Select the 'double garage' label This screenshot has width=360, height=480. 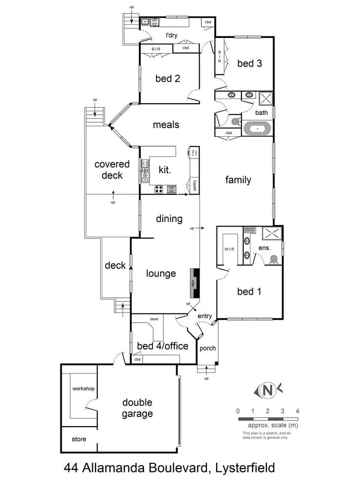pyautogui.click(x=137, y=408)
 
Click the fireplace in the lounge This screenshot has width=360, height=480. pyautogui.click(x=195, y=284)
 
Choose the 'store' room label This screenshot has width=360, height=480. pyautogui.click(x=79, y=439)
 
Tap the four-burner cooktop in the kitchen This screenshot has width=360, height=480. pyautogui.click(x=159, y=190)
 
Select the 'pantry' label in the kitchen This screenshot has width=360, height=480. pyautogui.click(x=194, y=185)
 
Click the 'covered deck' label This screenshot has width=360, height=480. pyautogui.click(x=112, y=170)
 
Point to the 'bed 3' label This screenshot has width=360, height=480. pyautogui.click(x=250, y=63)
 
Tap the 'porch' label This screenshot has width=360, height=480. pyautogui.click(x=207, y=348)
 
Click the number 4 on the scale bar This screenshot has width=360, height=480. pyautogui.click(x=298, y=411)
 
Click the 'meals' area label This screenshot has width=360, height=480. pyautogui.click(x=166, y=125)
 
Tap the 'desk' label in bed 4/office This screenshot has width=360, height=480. pyautogui.click(x=154, y=319)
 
